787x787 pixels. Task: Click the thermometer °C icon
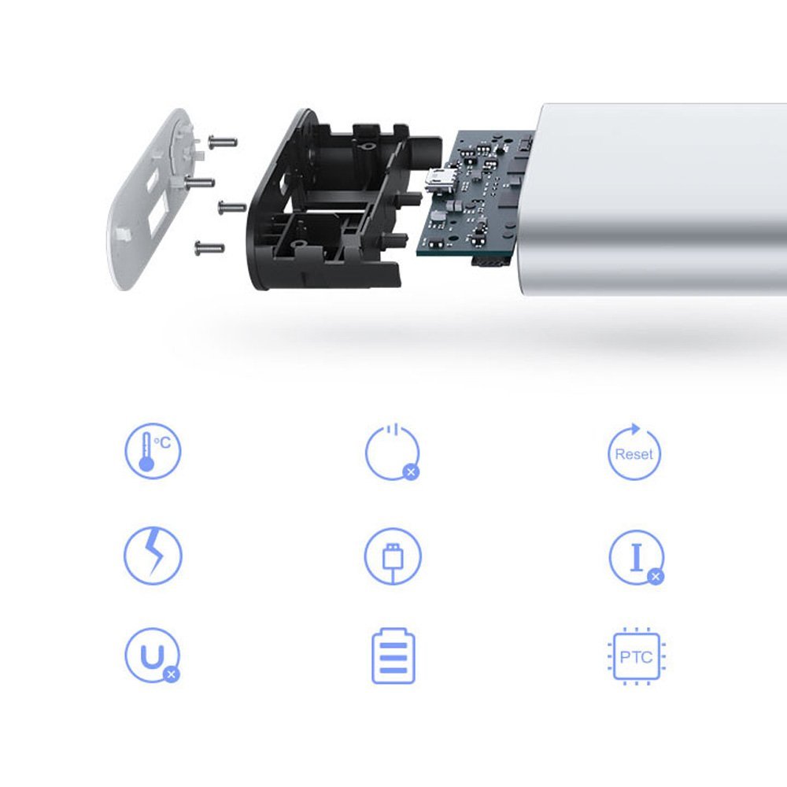click(x=153, y=451)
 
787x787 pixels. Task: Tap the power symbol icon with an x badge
click(x=393, y=453)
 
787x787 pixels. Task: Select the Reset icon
click(x=634, y=452)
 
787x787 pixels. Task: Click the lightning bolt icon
click(x=153, y=556)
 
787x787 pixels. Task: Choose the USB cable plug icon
click(x=393, y=556)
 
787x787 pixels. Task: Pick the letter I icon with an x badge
click(x=637, y=558)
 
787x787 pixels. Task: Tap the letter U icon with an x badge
click(x=152, y=656)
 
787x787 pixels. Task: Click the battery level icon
click(x=393, y=656)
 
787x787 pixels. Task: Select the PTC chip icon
click(x=637, y=656)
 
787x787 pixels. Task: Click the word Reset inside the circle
click(x=634, y=454)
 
